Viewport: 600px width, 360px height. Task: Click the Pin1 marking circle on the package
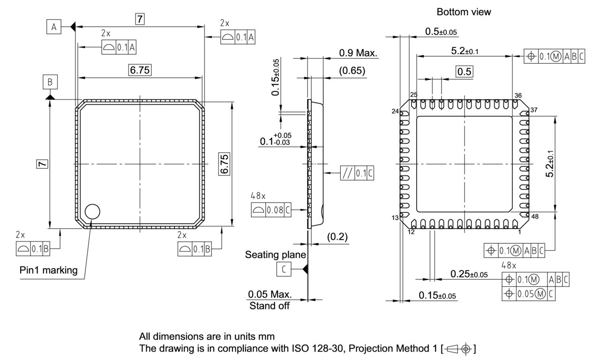click(x=93, y=211)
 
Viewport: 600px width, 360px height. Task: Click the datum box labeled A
click(x=54, y=27)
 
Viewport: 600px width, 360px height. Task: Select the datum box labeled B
click(x=50, y=82)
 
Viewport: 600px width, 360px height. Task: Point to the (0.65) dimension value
click(x=352, y=71)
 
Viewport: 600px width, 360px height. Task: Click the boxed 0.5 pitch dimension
click(x=465, y=71)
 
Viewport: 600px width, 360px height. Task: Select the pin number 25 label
click(x=413, y=95)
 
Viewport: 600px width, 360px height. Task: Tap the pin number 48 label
click(x=534, y=216)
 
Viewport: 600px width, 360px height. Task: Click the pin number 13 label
click(x=395, y=217)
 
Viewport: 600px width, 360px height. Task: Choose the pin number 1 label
click(x=519, y=232)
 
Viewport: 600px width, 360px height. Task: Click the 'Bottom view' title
click(x=464, y=12)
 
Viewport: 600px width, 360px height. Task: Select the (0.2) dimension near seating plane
click(x=337, y=237)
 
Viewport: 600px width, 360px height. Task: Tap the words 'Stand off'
click(x=269, y=306)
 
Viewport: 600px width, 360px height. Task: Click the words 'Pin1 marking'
click(x=49, y=271)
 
